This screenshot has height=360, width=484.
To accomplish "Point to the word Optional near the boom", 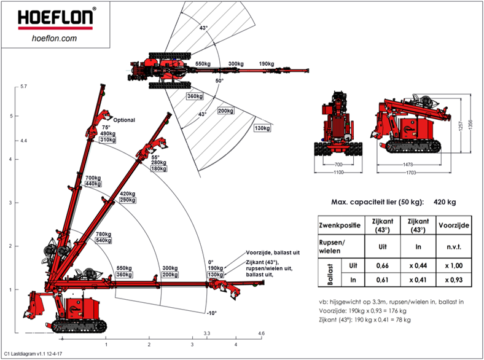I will click(x=124, y=120).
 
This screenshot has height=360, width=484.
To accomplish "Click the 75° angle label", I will click(x=107, y=128).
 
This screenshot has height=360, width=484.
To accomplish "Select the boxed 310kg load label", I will click(x=108, y=141).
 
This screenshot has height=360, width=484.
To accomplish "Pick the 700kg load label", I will click(x=93, y=178).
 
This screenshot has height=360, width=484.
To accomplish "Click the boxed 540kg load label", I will click(x=104, y=240).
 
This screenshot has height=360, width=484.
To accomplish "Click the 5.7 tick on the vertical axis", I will click(x=23, y=87).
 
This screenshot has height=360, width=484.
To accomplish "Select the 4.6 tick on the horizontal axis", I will click(x=261, y=334).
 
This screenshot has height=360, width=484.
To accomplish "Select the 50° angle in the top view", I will click(x=219, y=80).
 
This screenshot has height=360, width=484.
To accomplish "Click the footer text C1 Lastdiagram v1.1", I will click(x=33, y=354).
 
